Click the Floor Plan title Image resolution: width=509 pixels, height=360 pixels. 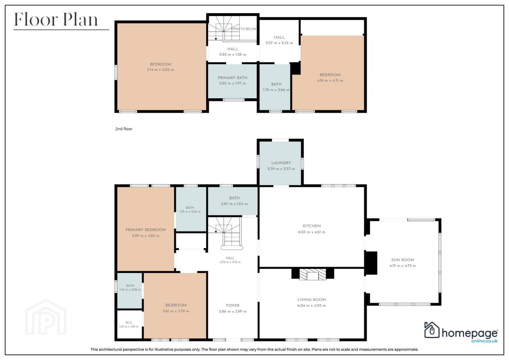(x=56, y=20)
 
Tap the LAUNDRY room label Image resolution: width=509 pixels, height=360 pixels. (x=281, y=163)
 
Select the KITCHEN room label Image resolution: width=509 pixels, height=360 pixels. (x=312, y=226)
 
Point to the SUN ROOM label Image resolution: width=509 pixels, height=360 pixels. (x=403, y=260)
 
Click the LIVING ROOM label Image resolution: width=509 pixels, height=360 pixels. (x=312, y=300)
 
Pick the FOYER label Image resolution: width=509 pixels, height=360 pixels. (x=233, y=305)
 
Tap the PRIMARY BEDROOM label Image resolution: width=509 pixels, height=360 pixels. (x=146, y=230)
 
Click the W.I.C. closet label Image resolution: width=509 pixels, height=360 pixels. (x=129, y=323)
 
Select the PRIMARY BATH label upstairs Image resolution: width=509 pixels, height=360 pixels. (x=232, y=78)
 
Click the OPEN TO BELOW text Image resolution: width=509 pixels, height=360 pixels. (x=244, y=29)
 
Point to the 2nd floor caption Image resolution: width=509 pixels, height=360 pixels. (x=124, y=129)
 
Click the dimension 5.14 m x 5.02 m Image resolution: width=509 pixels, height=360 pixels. (x=160, y=70)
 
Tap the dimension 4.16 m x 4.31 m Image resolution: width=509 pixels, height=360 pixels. (x=330, y=80)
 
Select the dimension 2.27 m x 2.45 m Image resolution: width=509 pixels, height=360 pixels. (x=279, y=43)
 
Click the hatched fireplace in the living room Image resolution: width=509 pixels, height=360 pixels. (x=313, y=274)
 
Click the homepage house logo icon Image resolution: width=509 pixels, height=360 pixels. (x=432, y=330)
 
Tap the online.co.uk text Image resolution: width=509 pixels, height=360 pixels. (x=484, y=341)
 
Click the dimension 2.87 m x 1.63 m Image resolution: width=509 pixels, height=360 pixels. (x=234, y=204)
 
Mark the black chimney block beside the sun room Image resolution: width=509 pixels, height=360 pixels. (x=371, y=263)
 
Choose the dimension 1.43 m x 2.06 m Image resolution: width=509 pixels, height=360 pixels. (x=130, y=290)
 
